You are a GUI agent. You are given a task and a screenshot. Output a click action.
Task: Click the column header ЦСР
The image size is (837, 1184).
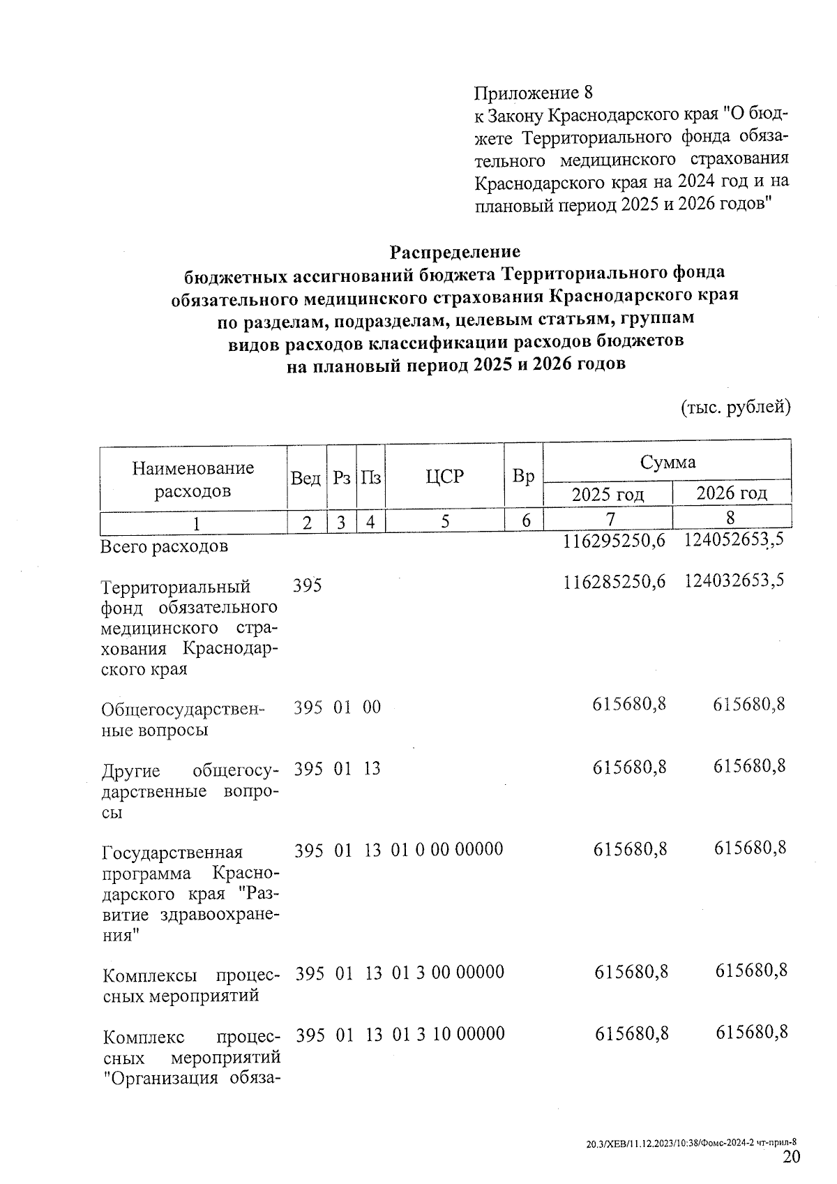click(444, 477)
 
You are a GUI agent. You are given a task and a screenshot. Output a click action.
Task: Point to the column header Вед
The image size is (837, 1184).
click(306, 479)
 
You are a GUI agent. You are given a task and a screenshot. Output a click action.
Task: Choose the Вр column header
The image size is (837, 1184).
click(523, 477)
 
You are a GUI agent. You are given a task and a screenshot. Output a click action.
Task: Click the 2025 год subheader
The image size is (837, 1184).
click(608, 494)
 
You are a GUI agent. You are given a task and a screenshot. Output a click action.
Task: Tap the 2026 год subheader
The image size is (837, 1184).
click(732, 493)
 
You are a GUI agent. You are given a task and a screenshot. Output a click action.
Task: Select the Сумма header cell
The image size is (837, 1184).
click(668, 462)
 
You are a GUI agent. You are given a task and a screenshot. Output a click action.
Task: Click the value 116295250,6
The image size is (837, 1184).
click(614, 541)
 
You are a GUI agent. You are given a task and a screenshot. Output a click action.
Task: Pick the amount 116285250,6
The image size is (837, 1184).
click(614, 580)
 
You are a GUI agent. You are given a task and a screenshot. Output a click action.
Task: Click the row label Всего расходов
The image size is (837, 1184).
click(165, 546)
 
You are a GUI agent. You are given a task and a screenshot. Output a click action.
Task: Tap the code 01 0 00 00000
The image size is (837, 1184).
click(447, 850)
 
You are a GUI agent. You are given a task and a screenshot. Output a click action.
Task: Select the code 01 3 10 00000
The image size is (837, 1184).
click(448, 1033)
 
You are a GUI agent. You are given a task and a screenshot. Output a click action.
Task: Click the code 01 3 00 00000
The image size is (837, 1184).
click(448, 973)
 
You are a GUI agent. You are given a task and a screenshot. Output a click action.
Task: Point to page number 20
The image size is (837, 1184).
click(791, 1157)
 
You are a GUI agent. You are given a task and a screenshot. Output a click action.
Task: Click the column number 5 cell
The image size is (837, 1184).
click(444, 521)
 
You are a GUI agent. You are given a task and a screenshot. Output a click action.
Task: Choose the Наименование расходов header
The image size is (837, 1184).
click(193, 479)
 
